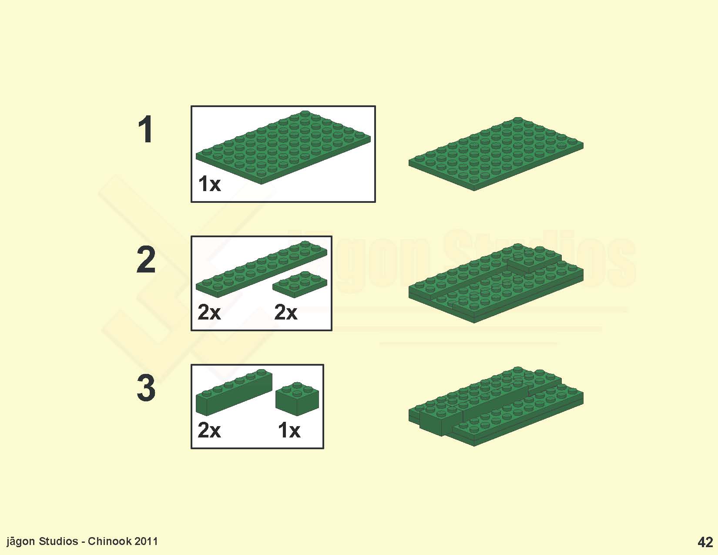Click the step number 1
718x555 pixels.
click(x=146, y=129)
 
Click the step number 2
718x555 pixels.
click(x=146, y=259)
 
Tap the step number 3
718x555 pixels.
click(x=146, y=388)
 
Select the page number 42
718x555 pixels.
click(x=705, y=542)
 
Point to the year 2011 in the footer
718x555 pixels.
click(x=146, y=542)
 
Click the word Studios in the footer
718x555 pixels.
click(x=58, y=542)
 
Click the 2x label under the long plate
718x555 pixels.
click(x=209, y=312)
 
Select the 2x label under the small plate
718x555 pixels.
click(x=286, y=312)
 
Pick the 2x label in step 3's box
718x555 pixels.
click(x=209, y=431)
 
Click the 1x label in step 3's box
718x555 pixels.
click(x=289, y=431)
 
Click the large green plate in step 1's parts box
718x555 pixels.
click(x=283, y=147)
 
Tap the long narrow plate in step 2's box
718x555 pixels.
click(x=262, y=269)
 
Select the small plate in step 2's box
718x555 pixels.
click(x=300, y=284)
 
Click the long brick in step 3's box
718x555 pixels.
click(x=234, y=392)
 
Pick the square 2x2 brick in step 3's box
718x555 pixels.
click(x=297, y=399)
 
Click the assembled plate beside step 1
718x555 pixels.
click(x=496, y=154)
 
